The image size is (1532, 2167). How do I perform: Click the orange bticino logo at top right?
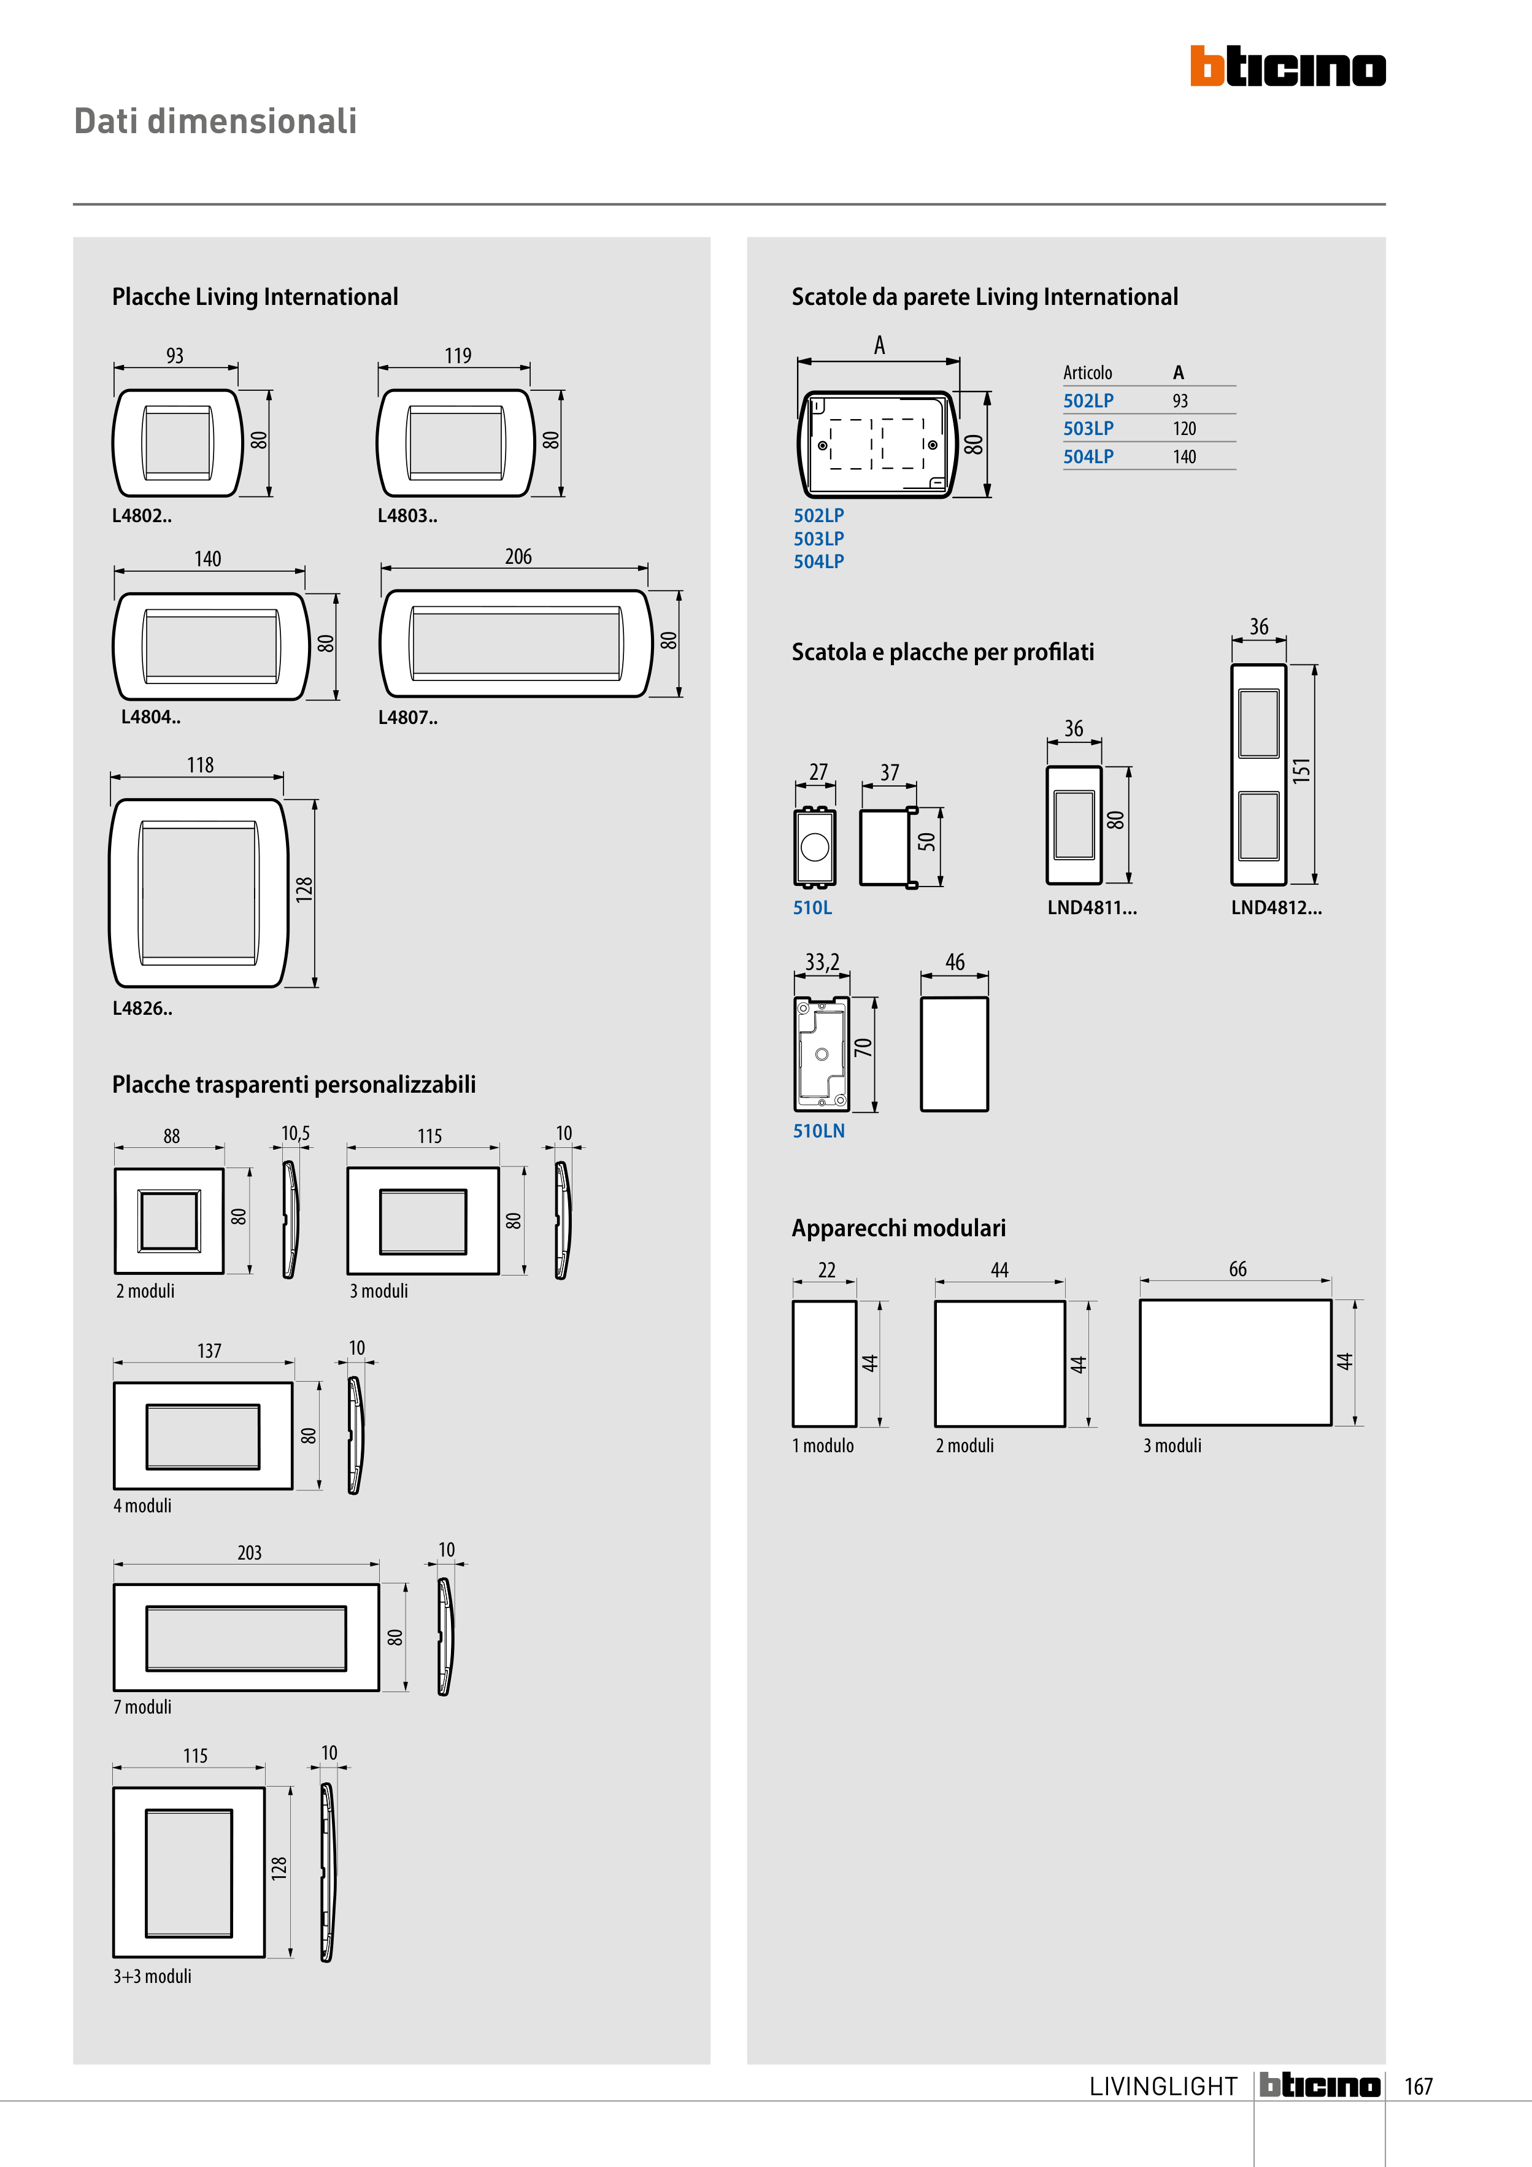pos(1288,66)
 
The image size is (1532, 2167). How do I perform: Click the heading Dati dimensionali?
pos(215,121)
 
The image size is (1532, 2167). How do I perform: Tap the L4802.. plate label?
pos(142,515)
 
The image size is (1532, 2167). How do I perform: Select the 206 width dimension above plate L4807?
pos(518,557)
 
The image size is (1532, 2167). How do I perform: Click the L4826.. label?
pos(142,1008)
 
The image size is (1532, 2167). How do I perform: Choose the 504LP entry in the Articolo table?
pos(1088,457)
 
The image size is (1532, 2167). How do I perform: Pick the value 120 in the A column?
pos(1185,428)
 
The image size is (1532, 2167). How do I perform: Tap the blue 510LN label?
pos(818,1131)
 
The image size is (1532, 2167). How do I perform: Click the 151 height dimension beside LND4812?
pos(1302,771)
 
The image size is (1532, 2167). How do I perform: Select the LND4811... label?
pos(1092,908)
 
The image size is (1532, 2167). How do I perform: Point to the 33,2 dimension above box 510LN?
pos(822,963)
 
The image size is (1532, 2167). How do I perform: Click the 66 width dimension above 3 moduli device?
pos(1238,1269)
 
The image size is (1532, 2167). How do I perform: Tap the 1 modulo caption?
pos(823,1446)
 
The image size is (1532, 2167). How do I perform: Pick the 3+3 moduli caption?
pos(152,1976)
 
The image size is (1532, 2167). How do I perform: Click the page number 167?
pos(1418,2087)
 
